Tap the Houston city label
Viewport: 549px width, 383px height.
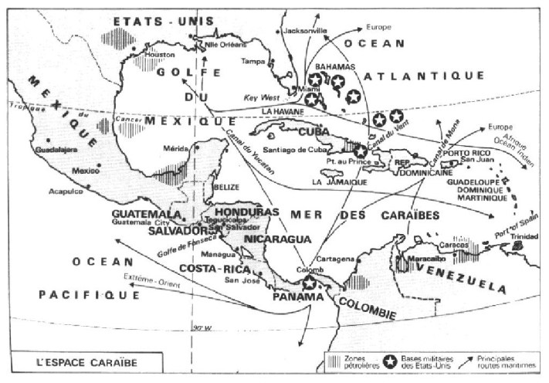coord(153,55)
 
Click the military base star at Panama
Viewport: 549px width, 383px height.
coord(310,283)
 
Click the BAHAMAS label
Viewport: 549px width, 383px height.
coord(337,67)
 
